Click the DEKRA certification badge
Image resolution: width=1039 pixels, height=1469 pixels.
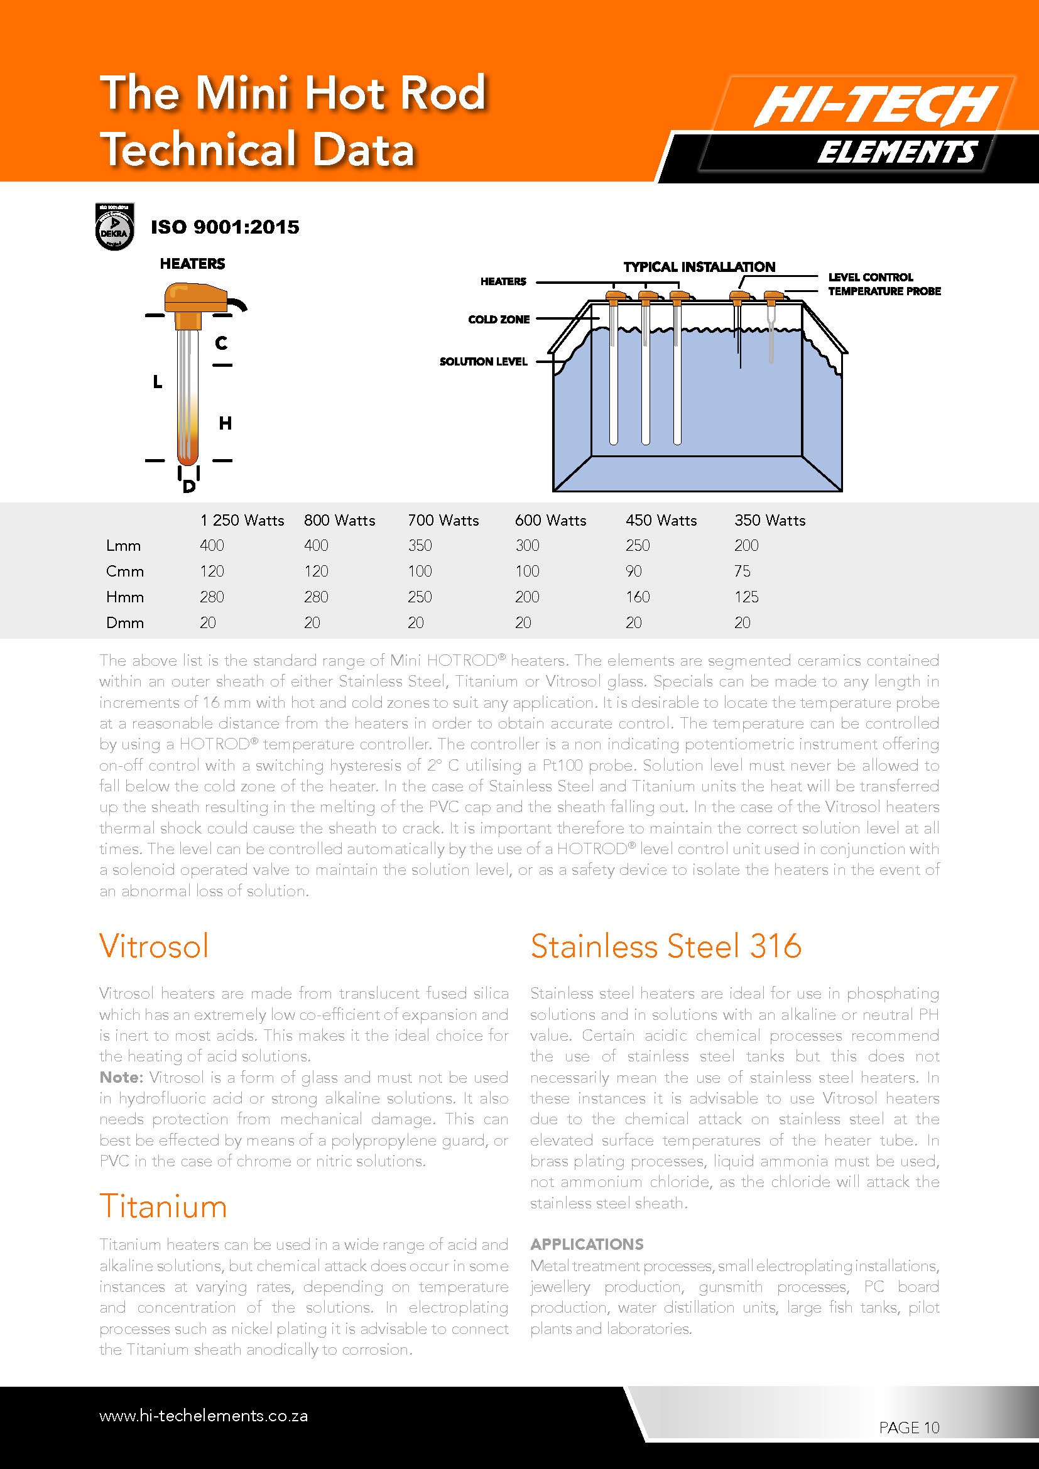(114, 227)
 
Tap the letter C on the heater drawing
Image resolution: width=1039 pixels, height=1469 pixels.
(221, 344)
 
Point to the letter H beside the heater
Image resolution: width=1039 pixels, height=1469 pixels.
(226, 423)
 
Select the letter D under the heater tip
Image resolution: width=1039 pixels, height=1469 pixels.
(188, 487)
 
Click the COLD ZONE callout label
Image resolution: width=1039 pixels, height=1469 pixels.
(498, 319)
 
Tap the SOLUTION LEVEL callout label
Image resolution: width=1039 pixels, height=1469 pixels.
(483, 362)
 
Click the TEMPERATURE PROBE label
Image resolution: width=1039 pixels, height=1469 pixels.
(884, 291)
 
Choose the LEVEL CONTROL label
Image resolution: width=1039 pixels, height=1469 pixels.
(870, 277)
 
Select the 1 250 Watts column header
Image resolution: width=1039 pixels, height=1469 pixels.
(242, 520)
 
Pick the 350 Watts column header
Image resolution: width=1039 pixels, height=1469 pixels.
(770, 520)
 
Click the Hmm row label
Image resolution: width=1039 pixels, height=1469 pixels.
(125, 597)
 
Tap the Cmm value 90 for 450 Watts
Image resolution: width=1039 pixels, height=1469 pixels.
(633, 571)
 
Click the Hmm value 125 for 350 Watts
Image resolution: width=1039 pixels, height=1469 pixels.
(746, 597)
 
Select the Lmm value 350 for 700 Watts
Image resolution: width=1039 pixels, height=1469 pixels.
(420, 545)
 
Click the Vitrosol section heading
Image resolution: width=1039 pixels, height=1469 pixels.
(154, 946)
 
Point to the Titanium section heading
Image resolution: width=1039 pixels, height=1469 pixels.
(163, 1206)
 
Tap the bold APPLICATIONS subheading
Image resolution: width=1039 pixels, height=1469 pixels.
(587, 1244)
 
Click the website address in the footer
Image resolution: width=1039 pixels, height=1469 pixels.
(204, 1415)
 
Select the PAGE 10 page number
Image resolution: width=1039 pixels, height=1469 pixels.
(908, 1428)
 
